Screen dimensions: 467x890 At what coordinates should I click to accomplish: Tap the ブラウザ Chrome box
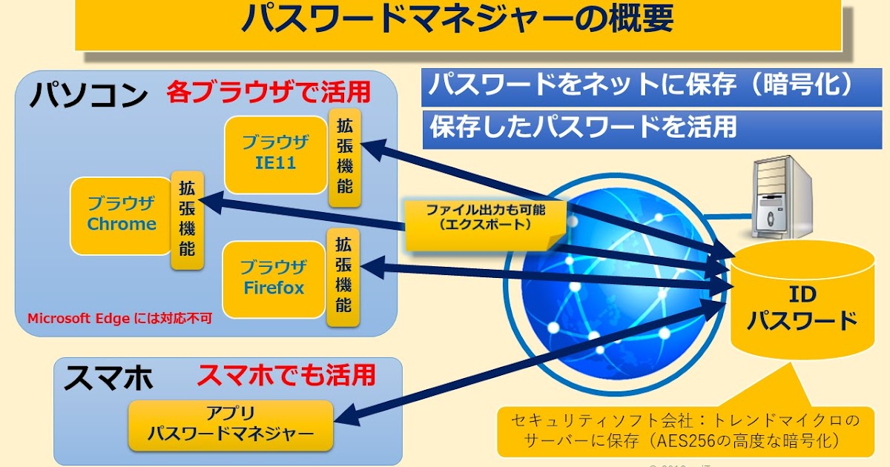(x=122, y=214)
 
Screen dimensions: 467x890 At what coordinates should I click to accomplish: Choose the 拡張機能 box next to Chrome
(x=187, y=220)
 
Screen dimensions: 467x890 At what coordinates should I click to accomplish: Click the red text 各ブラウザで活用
(x=268, y=93)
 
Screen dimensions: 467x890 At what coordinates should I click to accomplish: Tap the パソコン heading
(x=88, y=96)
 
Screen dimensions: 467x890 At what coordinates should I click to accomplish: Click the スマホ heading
(x=108, y=378)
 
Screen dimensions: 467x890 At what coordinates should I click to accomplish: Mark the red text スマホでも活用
(x=286, y=375)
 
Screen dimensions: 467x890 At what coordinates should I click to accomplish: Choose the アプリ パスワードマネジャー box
(x=231, y=425)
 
